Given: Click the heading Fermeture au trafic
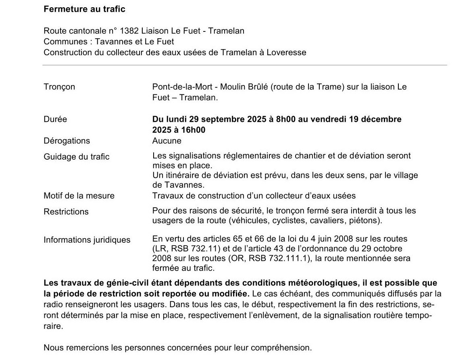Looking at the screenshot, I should (x=84, y=9).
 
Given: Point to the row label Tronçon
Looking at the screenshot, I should (x=59, y=87).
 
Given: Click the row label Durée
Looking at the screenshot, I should (x=55, y=119).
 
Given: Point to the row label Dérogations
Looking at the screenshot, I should (x=67, y=141).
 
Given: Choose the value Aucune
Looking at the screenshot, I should (x=167, y=141).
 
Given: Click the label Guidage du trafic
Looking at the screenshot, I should (x=77, y=157).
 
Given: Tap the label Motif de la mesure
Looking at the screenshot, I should (x=79, y=196).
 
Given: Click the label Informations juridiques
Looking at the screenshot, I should (x=87, y=240).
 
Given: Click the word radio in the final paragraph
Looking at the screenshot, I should (x=53, y=304).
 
